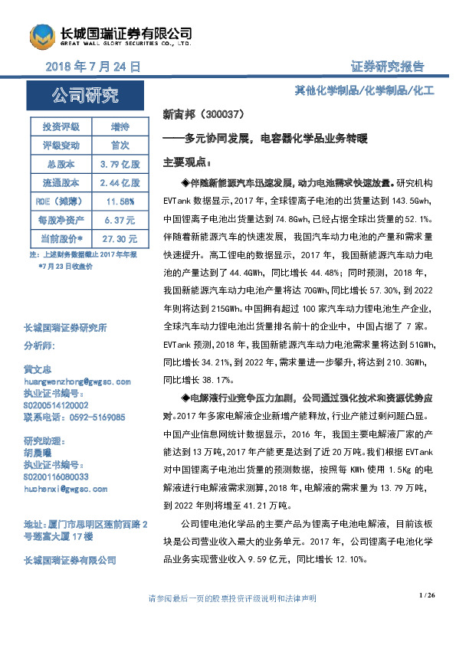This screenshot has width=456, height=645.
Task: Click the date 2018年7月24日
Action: (93, 67)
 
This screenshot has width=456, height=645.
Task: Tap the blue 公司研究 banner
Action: (85, 95)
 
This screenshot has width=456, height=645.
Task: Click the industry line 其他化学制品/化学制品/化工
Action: (364, 90)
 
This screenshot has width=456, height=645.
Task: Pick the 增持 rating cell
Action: (120, 126)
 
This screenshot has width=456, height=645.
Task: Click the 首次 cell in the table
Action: (120, 145)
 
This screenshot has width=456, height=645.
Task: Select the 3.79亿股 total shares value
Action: (120, 164)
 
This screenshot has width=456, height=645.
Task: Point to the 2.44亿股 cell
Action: (120, 182)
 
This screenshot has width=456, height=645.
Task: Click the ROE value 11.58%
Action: (120, 201)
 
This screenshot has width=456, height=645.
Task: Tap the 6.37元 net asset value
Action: (120, 219)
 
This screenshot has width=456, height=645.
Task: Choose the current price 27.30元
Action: (120, 238)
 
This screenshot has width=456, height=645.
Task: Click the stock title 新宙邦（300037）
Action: (203, 114)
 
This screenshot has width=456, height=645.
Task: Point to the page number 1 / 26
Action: (427, 595)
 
